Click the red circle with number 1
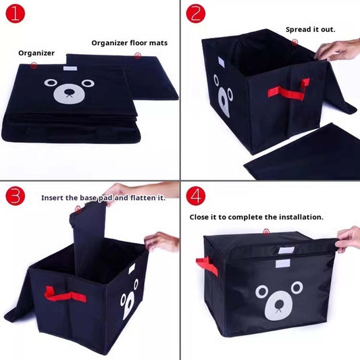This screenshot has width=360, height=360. (15, 14)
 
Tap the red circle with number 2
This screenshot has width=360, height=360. (196, 14)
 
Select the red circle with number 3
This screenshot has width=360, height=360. (15, 196)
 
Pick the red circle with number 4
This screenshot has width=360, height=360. (196, 196)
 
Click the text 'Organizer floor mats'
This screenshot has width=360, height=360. (130, 43)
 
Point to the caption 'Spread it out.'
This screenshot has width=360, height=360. (311, 30)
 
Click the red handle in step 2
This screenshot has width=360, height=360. (289, 90)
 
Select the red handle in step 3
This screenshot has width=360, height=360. (65, 295)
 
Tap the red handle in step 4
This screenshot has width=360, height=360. (207, 266)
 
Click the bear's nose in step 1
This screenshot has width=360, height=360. (69, 93)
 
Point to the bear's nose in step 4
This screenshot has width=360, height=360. (279, 303)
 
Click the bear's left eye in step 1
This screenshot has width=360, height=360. (51, 82)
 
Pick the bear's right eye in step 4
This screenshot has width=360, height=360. (297, 288)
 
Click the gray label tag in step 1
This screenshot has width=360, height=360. (70, 68)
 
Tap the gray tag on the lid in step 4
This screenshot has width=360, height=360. (286, 251)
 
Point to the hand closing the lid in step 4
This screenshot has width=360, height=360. (348, 239)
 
